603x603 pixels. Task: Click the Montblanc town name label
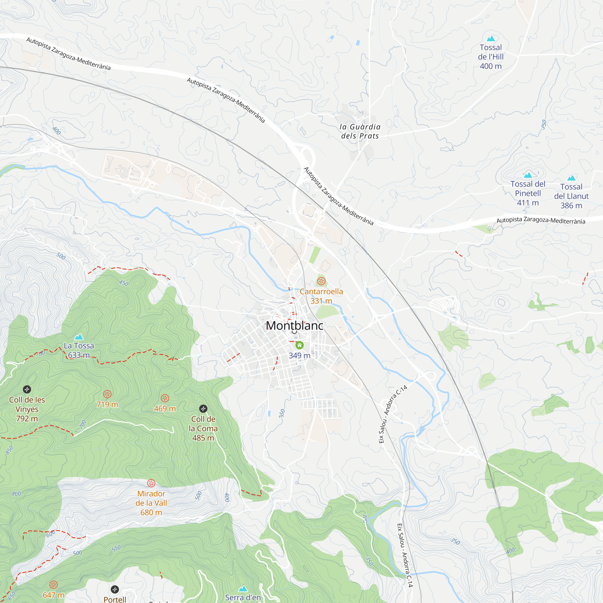coord(294,326)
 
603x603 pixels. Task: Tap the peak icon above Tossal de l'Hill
coord(491,39)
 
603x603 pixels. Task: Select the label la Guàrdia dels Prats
coord(360,131)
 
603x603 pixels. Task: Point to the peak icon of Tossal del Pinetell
coord(528,175)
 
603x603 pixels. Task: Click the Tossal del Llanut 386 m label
coord(571,196)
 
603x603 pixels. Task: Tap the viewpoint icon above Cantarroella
coord(321,281)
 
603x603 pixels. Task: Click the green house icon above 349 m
coord(300,345)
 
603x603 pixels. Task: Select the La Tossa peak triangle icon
coord(79,337)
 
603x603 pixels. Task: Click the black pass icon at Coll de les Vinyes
coord(27,389)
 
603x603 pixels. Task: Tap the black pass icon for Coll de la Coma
coord(203,409)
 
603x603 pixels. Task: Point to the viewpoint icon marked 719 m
coord(107,394)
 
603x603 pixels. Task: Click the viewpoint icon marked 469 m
coord(165,398)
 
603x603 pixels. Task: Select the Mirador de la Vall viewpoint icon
coord(151,483)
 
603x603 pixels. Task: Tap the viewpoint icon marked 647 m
coord(54,585)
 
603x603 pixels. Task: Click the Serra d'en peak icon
coord(243,589)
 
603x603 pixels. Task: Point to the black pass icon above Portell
coord(115,589)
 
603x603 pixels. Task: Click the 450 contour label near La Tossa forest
coord(124,283)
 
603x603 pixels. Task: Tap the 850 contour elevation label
coord(9,450)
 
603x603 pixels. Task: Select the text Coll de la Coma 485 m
coord(203,428)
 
